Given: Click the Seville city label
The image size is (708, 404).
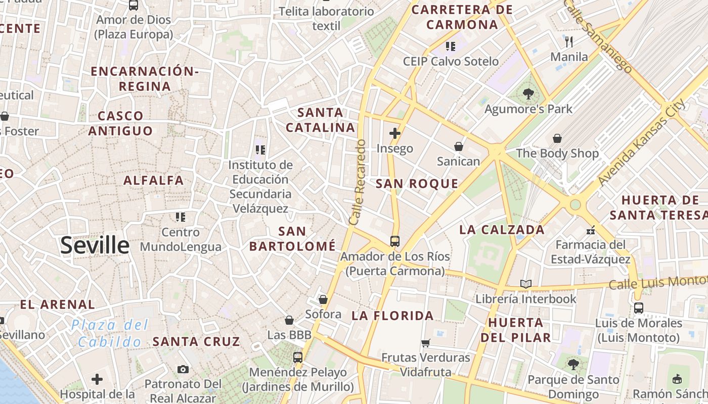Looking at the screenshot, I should pos(95,245).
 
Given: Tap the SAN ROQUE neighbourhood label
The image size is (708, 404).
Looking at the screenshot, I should pos(417,184).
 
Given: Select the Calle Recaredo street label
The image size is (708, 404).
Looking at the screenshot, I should pos(357,182).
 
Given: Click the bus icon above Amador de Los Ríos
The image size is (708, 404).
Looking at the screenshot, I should pos(395,241).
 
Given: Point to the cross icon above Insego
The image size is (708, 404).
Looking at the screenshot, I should pos(395,134).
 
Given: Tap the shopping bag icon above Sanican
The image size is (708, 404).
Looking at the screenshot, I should pos(458,146).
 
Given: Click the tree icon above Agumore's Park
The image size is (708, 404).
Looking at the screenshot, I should pos(528,93).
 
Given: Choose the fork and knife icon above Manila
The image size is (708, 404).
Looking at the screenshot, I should pos(569,41).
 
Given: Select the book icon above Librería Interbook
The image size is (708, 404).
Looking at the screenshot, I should pos(526,284).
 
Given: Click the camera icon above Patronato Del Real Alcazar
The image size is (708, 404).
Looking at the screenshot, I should pos(183,369).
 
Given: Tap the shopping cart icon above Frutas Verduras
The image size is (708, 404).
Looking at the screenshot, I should pos(426,343).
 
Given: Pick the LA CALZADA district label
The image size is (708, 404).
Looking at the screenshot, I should pos(502,230).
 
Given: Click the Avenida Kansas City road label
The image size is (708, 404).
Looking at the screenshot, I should pos(642,142).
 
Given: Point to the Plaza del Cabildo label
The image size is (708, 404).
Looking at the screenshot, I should pos(110,333).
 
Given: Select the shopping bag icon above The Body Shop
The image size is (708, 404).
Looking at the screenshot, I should pos(557,138).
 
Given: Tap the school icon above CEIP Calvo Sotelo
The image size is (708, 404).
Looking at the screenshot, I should pos(451,46).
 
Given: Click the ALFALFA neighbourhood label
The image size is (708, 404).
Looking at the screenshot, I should pos(154,180).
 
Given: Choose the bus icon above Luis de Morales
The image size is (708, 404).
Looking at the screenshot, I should pos(638,308).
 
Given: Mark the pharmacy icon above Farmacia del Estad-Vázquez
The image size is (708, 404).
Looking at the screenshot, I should pos(590,230).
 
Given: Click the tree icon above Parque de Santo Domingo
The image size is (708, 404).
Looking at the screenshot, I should pos(573,364).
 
